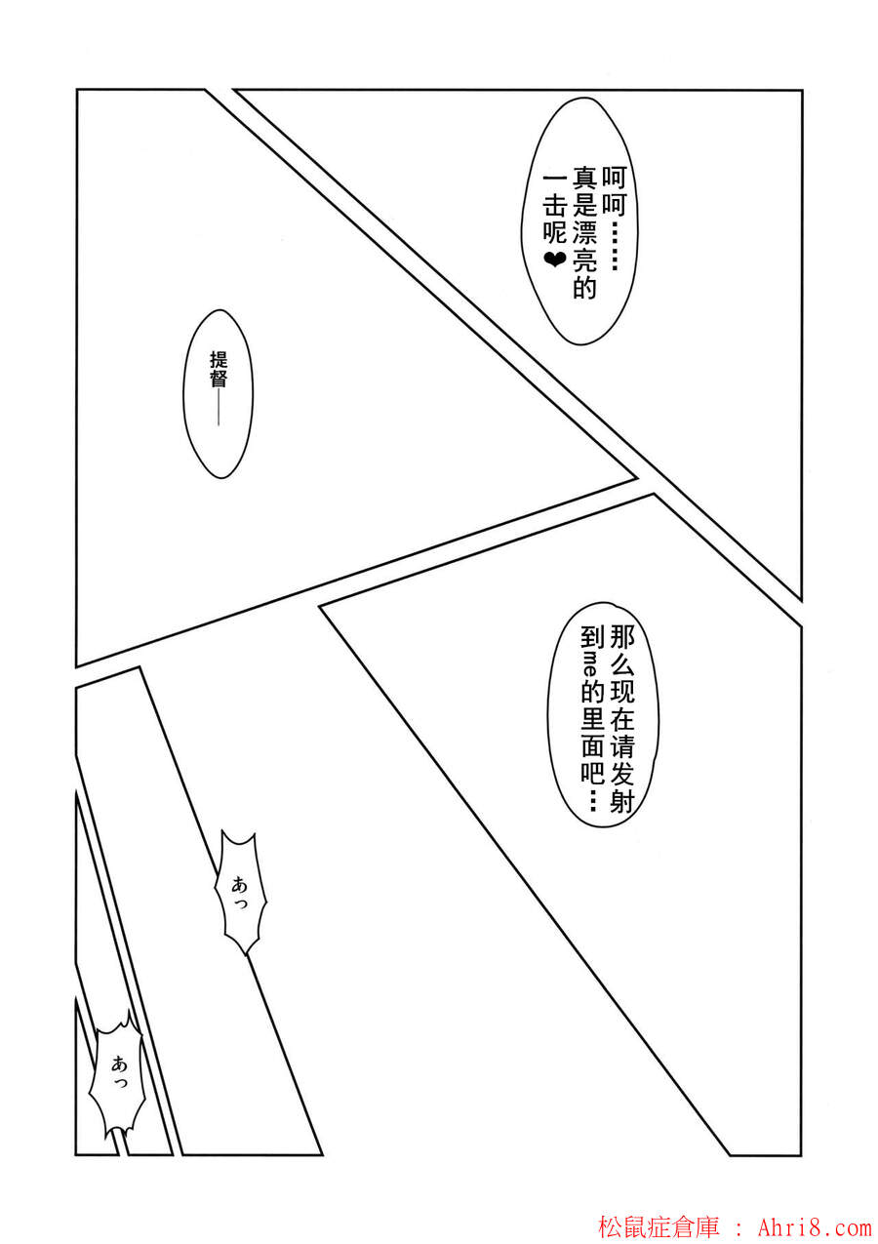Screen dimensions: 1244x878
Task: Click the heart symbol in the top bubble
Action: click(555, 260)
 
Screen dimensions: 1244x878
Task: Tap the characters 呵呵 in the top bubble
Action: click(614, 190)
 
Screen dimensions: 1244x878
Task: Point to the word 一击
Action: click(555, 192)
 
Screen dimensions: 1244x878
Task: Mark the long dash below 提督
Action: click(219, 408)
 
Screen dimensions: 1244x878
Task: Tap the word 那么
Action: click(621, 653)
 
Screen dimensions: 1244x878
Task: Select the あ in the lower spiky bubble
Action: click(118, 1064)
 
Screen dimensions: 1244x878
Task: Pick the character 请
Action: click(621, 746)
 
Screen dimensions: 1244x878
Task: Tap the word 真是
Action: click(584, 192)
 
